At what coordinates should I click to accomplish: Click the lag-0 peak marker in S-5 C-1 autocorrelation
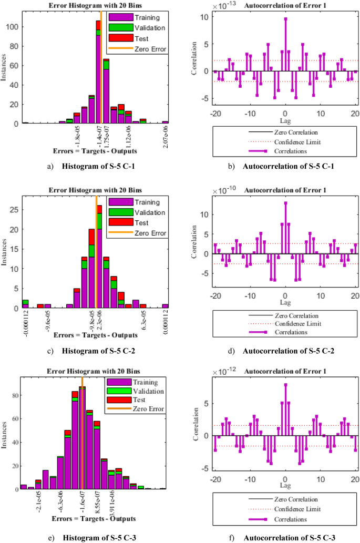285,18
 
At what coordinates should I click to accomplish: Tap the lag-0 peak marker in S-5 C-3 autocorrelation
285,385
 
